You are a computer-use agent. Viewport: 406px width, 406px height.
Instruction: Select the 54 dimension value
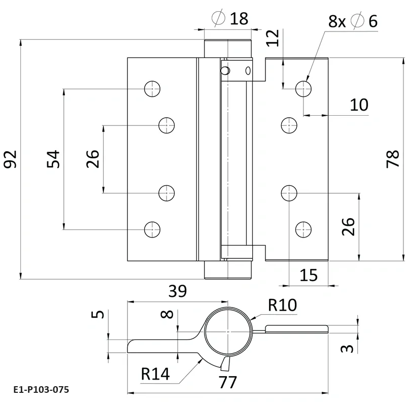coord(54,159)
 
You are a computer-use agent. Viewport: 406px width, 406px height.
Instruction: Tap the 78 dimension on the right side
coord(393,159)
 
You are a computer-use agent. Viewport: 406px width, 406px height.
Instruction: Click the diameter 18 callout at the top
coord(231,19)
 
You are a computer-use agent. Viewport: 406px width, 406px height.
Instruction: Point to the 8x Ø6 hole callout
coord(353,21)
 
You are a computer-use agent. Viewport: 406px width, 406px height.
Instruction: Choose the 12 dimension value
coord(273,38)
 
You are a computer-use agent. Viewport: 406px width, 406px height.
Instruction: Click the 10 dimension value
coord(359,105)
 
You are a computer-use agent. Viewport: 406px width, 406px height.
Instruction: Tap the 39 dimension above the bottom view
coord(177,291)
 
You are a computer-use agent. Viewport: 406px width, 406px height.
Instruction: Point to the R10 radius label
coord(282,304)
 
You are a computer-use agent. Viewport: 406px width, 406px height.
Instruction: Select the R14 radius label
coord(155,375)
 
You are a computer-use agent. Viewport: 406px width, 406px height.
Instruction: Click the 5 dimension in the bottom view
coord(99,314)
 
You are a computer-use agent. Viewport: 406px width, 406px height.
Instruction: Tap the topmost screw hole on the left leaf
coord(151,89)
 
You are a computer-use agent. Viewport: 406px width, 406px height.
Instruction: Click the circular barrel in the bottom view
coord(228,332)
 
